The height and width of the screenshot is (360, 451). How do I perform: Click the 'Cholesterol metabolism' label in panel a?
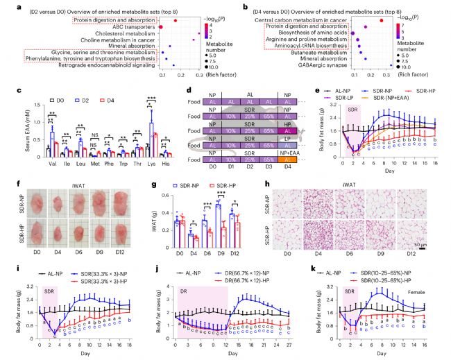(118, 31)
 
